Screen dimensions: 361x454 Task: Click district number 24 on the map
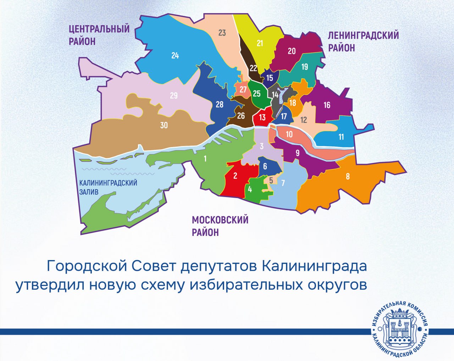[175, 56]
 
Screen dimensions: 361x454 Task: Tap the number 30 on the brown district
[164, 125]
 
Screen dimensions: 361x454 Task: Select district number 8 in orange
[348, 176]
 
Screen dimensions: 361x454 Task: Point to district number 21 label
[260, 43]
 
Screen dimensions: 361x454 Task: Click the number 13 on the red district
[262, 117]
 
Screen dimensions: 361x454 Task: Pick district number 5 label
[271, 180]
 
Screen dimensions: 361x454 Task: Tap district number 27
[243, 89]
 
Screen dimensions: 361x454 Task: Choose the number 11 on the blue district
[341, 137]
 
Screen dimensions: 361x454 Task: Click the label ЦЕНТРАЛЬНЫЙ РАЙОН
[99, 35]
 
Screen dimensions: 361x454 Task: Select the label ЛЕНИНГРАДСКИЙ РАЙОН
[363, 41]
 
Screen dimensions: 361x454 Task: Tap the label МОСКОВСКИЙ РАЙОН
[220, 226]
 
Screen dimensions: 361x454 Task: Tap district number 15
[270, 78]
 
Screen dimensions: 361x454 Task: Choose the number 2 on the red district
[235, 175]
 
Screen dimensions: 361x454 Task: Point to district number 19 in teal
[305, 67]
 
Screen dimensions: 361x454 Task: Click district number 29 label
[173, 96]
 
